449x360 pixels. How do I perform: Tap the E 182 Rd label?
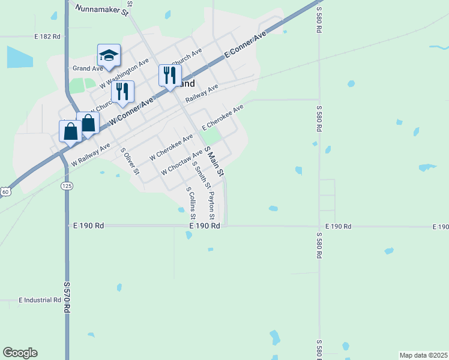48,37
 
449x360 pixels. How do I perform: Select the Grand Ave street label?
85,68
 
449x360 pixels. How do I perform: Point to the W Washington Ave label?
125,73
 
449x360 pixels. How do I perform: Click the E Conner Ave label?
245,46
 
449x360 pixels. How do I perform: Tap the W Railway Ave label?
91,154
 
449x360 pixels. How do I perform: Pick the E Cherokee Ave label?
223,117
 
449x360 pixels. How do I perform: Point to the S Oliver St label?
130,161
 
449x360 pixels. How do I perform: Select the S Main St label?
214,160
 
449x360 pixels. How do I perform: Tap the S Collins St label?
191,203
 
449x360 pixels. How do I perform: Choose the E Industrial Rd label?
40,299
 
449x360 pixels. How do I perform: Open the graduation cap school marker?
109,55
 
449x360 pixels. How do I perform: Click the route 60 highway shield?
5,191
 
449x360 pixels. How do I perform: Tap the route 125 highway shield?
66,187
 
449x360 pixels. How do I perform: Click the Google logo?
20,353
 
